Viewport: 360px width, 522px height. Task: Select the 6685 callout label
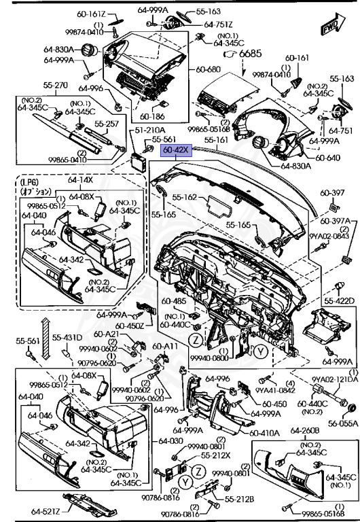[249, 53]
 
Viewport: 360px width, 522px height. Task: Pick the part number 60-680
[209, 69]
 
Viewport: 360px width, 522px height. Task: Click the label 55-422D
[340, 300]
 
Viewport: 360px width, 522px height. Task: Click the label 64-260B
[305, 430]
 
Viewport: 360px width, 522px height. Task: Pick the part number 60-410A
[263, 432]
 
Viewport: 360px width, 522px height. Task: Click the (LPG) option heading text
[30, 184]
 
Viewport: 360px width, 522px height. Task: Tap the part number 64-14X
[80, 180]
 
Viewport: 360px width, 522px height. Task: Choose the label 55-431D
[68, 338]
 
